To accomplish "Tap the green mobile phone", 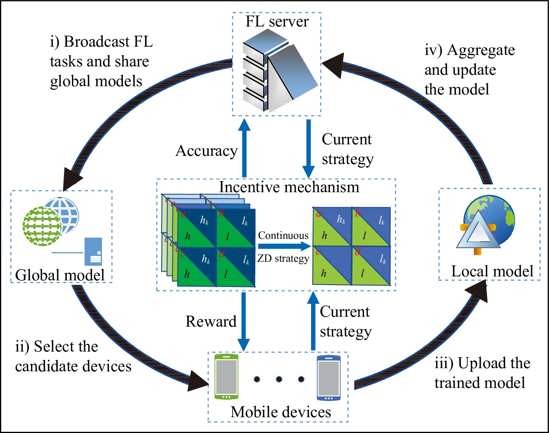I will click(226, 377).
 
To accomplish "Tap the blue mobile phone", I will click(328, 378).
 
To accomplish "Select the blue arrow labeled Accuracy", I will click(244, 148).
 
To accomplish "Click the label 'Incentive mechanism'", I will click(289, 187).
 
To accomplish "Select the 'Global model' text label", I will click(60, 275).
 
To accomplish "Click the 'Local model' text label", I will click(492, 271).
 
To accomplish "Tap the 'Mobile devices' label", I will click(281, 412).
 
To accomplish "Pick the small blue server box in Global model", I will click(93, 251).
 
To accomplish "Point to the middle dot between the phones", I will click(279, 379).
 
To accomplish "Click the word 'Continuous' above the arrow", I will click(283, 236).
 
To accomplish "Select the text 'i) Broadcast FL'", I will click(101, 42).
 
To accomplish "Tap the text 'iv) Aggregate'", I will click(470, 50).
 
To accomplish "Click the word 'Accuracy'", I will click(206, 151).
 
